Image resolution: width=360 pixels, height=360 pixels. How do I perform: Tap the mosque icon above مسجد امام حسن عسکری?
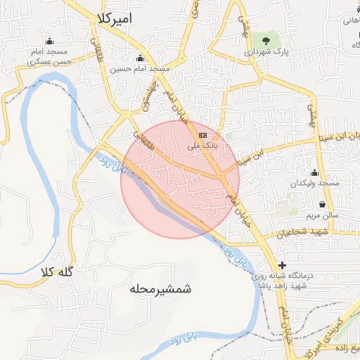coord(49,40)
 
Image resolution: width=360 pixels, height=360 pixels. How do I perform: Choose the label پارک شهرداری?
coord(266,52)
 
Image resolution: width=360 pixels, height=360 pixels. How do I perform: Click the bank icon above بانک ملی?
coord(202,134)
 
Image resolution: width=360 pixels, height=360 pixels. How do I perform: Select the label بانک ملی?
coord(203,146)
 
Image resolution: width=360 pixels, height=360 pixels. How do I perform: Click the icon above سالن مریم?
coord(322,203)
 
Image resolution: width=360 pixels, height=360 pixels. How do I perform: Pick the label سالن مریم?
coord(322,214)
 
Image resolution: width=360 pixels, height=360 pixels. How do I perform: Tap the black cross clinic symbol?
coord(282,265)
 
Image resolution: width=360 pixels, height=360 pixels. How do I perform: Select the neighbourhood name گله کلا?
coord(77,271)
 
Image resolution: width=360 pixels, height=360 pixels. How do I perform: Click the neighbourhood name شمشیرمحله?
coord(161,288)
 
